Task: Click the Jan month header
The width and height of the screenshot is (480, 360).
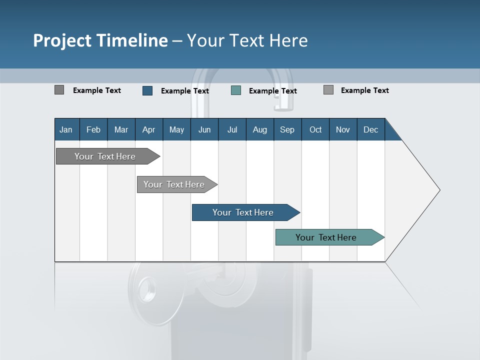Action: (66, 129)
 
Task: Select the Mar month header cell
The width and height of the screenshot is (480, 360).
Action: (121, 129)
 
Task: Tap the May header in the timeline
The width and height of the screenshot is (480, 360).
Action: (176, 129)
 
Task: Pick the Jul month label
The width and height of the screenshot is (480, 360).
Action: (232, 129)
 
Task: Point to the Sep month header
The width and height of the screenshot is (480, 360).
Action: (287, 129)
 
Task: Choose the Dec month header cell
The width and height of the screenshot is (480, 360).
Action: (370, 129)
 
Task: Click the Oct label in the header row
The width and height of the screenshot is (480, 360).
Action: (315, 129)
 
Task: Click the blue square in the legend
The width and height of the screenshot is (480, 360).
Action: (147, 90)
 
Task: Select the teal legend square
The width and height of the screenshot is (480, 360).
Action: (236, 90)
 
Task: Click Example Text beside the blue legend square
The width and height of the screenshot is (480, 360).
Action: (185, 91)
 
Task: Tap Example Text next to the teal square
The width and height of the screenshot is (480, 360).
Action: (273, 91)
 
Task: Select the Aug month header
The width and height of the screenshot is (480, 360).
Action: (259, 129)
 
